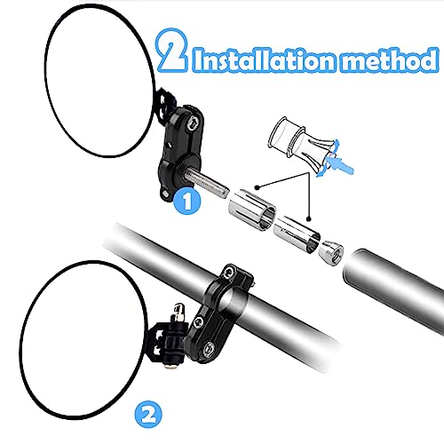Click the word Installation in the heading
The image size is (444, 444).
point(265,60)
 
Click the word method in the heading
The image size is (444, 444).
point(389,59)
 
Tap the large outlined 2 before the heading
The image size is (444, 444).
point(172,50)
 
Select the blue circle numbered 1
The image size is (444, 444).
point(186,201)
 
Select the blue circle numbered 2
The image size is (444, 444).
point(148,414)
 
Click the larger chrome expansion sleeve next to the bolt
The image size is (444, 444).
point(251,210)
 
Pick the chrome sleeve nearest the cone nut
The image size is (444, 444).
point(297,234)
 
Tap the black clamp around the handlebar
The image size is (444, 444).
point(218,313)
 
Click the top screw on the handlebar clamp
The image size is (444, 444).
point(228,272)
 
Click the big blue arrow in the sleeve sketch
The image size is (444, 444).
point(340,164)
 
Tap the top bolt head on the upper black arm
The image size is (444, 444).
point(194,123)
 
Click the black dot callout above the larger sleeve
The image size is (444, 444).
point(258,186)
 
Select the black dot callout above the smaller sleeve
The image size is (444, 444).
point(309,218)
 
